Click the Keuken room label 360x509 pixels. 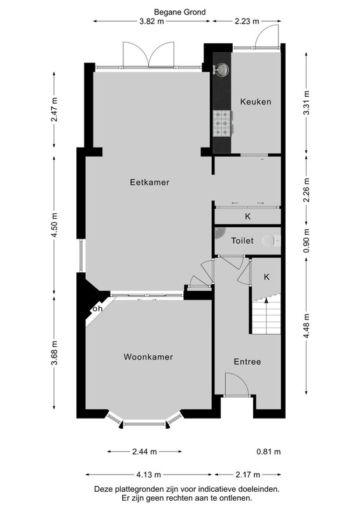[x=256, y=102]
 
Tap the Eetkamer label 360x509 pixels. [x=149, y=182]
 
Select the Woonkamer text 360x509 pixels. [x=148, y=357]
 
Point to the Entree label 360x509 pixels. [x=247, y=361]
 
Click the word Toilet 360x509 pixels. [x=242, y=241]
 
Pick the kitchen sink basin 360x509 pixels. [x=221, y=69]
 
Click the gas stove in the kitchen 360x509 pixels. [x=223, y=123]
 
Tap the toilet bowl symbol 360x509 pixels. [x=271, y=241]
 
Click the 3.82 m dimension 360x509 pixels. [x=151, y=22]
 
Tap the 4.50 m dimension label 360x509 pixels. [x=54, y=225]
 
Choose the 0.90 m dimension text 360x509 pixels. [x=307, y=241]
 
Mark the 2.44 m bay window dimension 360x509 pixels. [x=144, y=452]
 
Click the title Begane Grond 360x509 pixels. [x=180, y=12]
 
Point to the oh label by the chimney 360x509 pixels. [x=97, y=309]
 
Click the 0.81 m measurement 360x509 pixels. [x=268, y=452]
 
